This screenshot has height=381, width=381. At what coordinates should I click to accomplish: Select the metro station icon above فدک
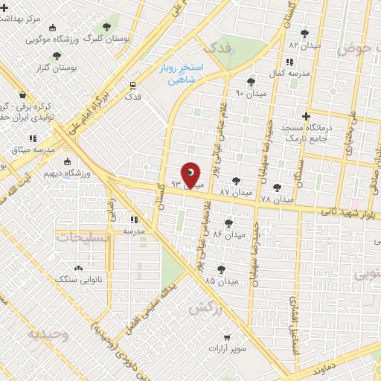pos(133,84)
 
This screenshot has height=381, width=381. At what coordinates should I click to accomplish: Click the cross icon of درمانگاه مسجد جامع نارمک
pos(306,115)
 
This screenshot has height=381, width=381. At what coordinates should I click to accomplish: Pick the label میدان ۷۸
pos(277,199)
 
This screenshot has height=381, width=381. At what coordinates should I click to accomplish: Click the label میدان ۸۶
pos(228,234)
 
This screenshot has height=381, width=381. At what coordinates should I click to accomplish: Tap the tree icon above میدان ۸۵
pos(220,269)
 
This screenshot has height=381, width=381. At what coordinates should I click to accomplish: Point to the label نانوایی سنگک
pos(76,278)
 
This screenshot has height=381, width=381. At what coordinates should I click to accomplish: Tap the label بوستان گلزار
pos(57,68)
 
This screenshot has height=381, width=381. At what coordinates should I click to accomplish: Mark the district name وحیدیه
pos(48,334)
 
